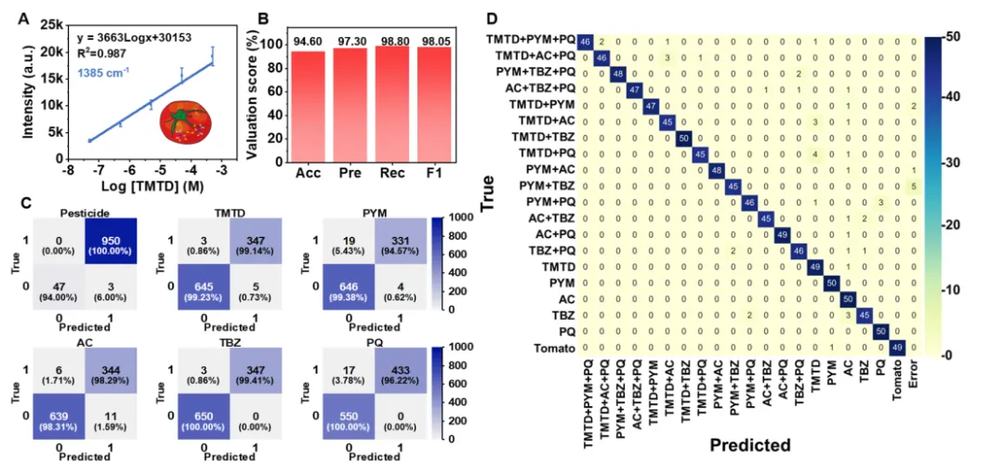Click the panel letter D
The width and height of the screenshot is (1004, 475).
492,19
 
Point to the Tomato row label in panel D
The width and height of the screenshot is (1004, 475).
553,349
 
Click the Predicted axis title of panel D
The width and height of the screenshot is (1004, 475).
749,445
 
